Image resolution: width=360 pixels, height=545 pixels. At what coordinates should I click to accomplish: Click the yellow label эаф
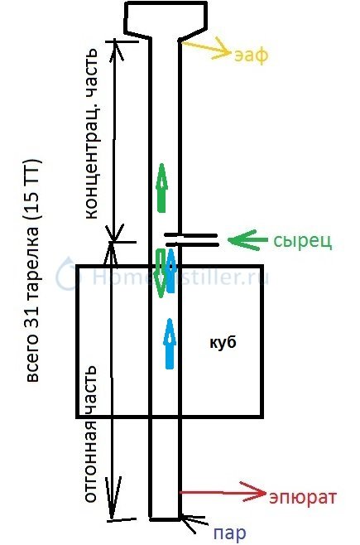click(x=251, y=55)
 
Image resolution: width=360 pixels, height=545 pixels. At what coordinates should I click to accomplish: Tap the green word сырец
click(x=303, y=240)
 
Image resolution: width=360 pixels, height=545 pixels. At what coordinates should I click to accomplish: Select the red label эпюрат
click(x=302, y=498)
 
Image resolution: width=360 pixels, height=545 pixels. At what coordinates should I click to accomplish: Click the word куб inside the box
click(x=223, y=342)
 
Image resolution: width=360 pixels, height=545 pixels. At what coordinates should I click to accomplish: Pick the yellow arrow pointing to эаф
click(x=204, y=50)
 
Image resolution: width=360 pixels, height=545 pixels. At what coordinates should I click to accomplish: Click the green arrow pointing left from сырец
click(x=247, y=239)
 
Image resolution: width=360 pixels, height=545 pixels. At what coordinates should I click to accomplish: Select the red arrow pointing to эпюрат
click(x=222, y=493)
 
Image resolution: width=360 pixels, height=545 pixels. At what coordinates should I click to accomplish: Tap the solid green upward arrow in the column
click(x=161, y=188)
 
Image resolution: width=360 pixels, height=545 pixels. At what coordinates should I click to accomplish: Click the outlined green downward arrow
click(x=161, y=273)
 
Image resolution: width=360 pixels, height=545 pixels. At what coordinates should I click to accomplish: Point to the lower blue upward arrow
click(x=170, y=344)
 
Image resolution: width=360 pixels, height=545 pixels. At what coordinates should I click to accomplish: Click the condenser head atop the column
click(x=166, y=19)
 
